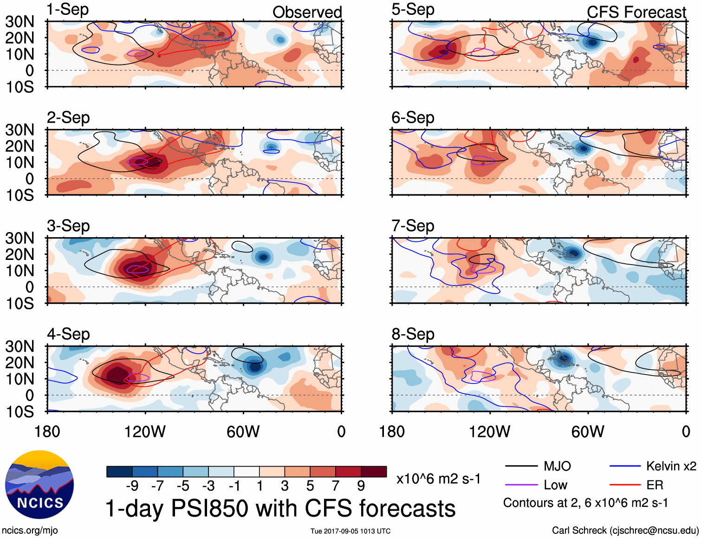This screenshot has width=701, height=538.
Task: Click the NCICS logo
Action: point(39,485)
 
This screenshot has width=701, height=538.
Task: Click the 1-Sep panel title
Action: point(68,10)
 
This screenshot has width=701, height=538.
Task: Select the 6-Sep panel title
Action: point(413,118)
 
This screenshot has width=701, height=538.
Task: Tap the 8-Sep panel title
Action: point(413,334)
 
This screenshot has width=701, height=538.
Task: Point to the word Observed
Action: point(307,13)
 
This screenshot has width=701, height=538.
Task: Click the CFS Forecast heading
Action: point(636,13)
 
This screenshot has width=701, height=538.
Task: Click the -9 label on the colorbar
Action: point(132,486)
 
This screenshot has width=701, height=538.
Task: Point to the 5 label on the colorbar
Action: point(310,486)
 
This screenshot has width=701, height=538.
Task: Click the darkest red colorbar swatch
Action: point(374,472)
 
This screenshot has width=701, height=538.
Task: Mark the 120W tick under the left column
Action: point(145,432)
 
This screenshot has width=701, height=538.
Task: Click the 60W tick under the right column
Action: point(588,432)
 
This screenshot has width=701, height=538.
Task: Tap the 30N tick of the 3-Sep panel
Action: point(19,238)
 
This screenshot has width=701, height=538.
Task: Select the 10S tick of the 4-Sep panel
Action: point(19,412)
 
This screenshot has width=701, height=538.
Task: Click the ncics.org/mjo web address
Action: point(30,530)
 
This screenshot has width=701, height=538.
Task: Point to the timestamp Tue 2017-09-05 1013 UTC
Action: point(350,531)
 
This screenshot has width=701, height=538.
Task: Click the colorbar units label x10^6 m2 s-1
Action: point(438,479)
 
